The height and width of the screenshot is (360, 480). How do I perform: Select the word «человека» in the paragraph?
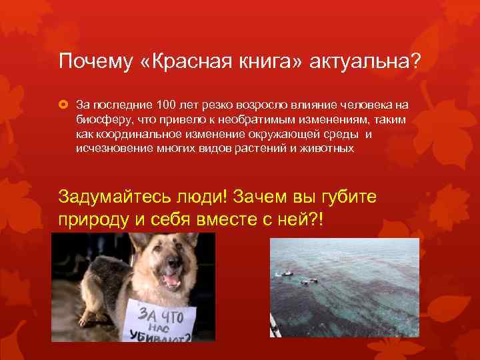click(x=371, y=105)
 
